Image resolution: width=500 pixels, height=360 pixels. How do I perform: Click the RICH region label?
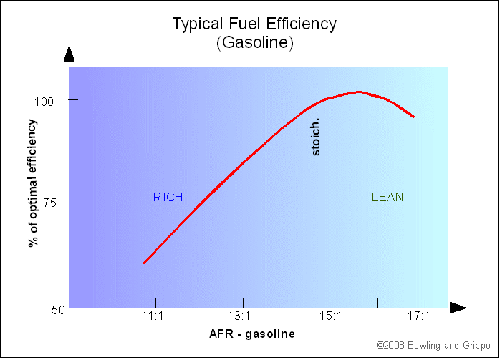coord(168,197)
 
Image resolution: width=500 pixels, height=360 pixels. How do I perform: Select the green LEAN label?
coord(387,197)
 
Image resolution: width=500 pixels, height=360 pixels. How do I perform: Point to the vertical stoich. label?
coord(315,137)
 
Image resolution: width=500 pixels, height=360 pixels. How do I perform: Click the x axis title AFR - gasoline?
coord(251,334)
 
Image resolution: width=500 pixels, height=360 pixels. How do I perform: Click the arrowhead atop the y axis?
coord(69,53)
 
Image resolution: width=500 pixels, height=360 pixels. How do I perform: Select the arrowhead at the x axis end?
coord(458,308)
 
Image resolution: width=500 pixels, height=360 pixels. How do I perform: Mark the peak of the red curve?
coord(360,92)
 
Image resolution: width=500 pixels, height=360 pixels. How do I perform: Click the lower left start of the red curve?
coord(144,263)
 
